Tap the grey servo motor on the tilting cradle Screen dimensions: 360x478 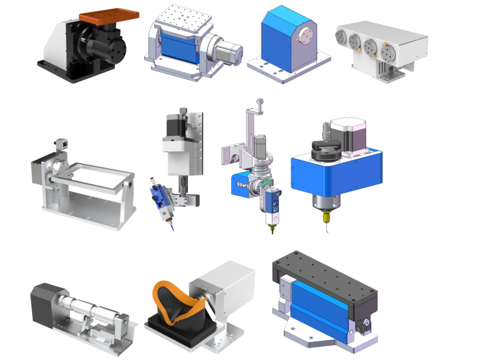pos(229,54)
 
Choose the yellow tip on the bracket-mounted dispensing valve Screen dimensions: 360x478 pos(271,228)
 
